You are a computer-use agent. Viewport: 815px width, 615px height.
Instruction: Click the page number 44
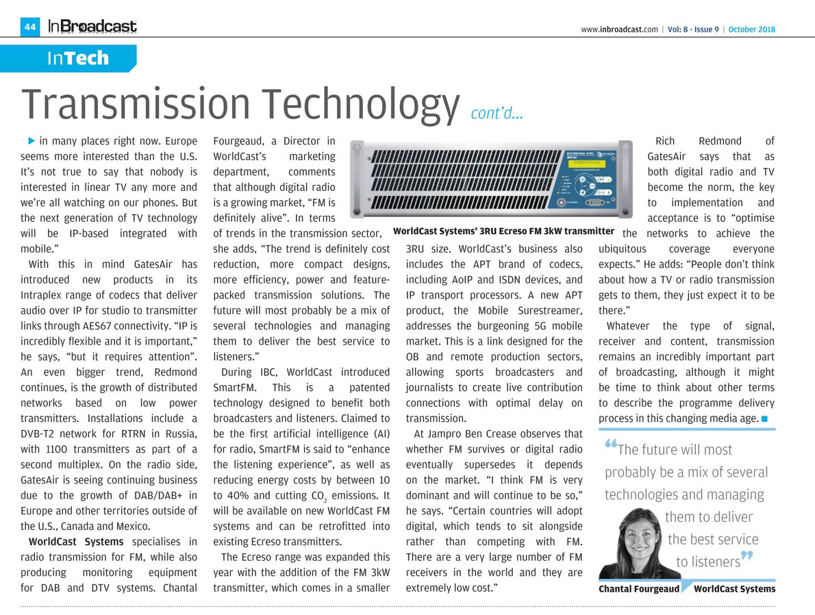coord(30,27)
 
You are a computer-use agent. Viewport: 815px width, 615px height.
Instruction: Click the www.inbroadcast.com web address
coord(619,29)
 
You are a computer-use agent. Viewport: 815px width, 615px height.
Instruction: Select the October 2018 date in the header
coord(751,29)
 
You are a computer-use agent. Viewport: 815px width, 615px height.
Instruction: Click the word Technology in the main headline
coord(355,103)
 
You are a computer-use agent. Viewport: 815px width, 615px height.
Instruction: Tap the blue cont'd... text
coord(497,113)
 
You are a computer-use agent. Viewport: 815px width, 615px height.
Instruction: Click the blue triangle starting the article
coord(31,141)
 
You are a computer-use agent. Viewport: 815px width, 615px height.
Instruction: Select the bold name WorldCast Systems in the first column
coord(66,542)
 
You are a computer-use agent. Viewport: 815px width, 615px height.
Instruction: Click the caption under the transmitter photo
coord(503,231)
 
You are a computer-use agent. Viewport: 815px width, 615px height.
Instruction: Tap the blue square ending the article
coord(764,418)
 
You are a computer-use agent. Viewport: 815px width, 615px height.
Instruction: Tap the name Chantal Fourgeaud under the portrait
coord(638,589)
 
